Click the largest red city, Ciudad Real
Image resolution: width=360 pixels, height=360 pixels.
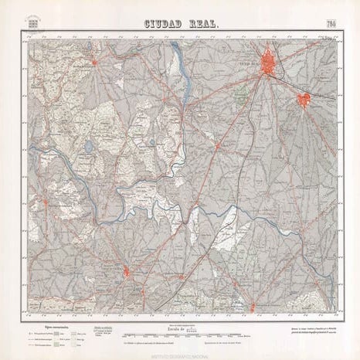270,63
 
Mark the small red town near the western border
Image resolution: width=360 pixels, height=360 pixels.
45,202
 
